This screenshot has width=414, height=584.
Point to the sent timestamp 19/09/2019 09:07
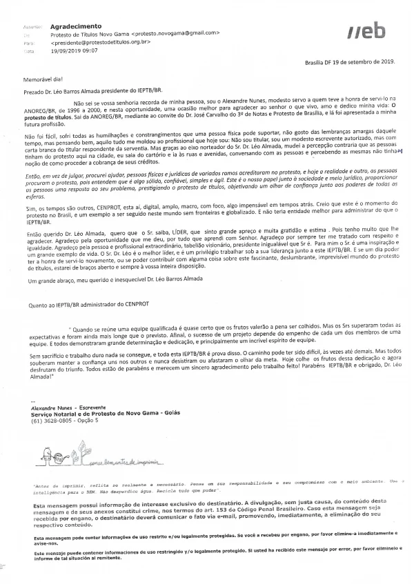click(75, 50)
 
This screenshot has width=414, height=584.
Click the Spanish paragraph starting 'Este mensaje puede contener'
click(207, 556)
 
